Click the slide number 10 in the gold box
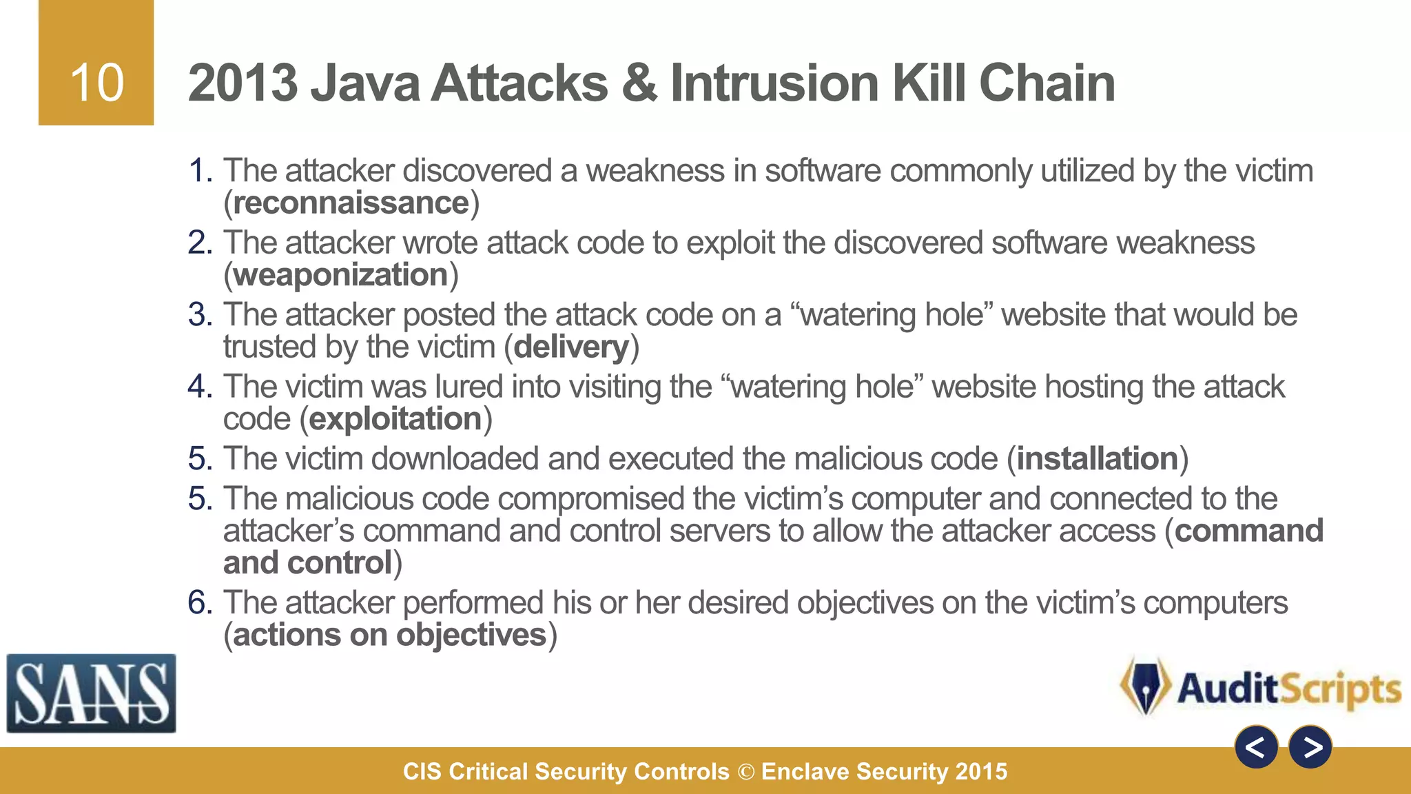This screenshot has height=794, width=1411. [x=96, y=83]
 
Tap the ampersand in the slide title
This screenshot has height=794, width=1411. [x=639, y=83]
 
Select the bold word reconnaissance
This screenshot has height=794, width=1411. [x=351, y=203]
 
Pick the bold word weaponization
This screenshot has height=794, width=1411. [x=340, y=275]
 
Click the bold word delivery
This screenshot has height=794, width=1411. [x=571, y=347]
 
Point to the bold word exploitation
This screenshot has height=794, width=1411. [x=395, y=419]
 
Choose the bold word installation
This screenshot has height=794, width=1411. [x=1098, y=459]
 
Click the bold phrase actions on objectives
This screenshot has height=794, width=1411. [x=389, y=635]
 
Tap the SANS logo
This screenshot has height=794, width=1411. [x=91, y=693]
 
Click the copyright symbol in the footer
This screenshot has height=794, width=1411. [x=745, y=772]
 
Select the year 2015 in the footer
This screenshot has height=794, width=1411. [x=981, y=772]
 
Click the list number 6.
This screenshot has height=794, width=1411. [x=200, y=603]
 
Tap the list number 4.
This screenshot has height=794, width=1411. [x=200, y=387]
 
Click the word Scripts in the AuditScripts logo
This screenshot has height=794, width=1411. [x=1341, y=689]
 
